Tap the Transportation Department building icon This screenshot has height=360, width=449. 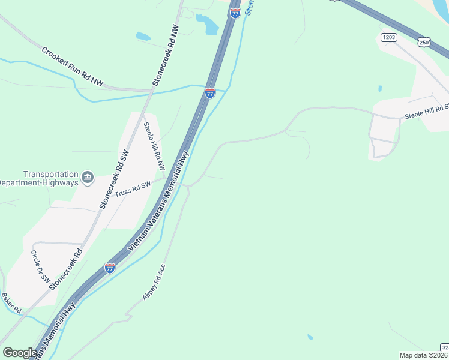pyautogui.click(x=88, y=176)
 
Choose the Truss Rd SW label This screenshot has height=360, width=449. pyautogui.click(x=132, y=187)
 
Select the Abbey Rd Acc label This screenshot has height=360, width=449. pyautogui.click(x=154, y=281)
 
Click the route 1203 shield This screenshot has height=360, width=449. pyautogui.click(x=389, y=37)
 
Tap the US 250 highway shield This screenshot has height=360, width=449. pyautogui.click(x=425, y=41)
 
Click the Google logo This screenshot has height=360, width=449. pyautogui.click(x=20, y=352)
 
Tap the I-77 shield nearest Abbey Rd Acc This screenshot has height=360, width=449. pyautogui.click(x=110, y=268)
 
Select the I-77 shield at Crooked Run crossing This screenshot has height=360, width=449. pyautogui.click(x=210, y=93)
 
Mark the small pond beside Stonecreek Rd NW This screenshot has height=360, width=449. pyautogui.click(x=143, y=36)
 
